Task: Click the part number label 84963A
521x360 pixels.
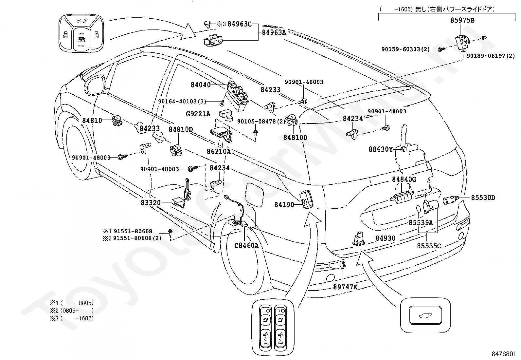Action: click(274, 32)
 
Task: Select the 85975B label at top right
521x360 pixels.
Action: click(462, 20)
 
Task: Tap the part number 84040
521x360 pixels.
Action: click(201, 85)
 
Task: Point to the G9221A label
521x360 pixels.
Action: click(198, 114)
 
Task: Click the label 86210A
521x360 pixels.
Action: click(219, 151)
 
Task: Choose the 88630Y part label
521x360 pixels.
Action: click(381, 149)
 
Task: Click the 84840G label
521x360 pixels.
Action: click(404, 179)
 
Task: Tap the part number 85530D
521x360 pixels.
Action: click(483, 198)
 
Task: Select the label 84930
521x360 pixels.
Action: click(386, 238)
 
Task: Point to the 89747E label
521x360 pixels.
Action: click(345, 287)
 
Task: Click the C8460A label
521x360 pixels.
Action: click(246, 245)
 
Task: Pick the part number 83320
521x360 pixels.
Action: click(151, 202)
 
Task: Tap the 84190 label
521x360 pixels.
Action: click(284, 205)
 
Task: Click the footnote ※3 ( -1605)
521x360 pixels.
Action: click(71, 318)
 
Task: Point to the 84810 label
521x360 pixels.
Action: click(92, 121)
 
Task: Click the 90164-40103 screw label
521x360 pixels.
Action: click(182, 102)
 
